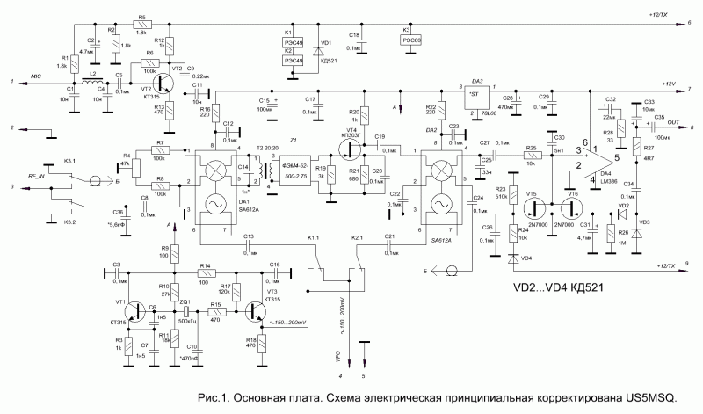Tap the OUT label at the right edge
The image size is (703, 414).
[x=673, y=121]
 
